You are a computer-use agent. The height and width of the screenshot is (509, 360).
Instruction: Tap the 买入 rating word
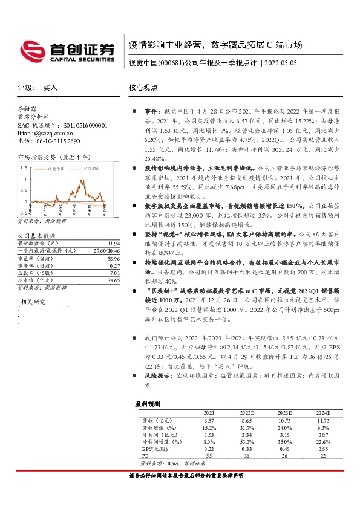pyautogui.click(x=50, y=88)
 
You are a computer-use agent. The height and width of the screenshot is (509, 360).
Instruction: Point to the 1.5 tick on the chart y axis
pyautogui.click(x=23, y=167)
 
